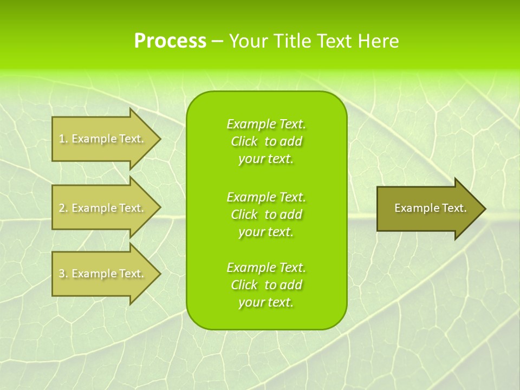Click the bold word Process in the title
pyautogui.click(x=170, y=41)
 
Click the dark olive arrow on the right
pyautogui.click(x=428, y=209)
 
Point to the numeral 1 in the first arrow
pyautogui.click(x=62, y=139)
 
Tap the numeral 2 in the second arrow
pyautogui.click(x=62, y=208)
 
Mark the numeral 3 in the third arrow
pyautogui.click(x=62, y=274)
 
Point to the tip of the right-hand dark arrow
pyautogui.click(x=484, y=209)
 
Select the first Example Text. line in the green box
pyautogui.click(x=266, y=124)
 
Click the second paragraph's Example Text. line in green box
pyautogui.click(x=266, y=197)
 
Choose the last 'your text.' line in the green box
pyautogui.click(x=266, y=302)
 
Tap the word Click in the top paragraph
pyautogui.click(x=244, y=141)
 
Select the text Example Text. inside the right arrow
pyautogui.click(x=430, y=208)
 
